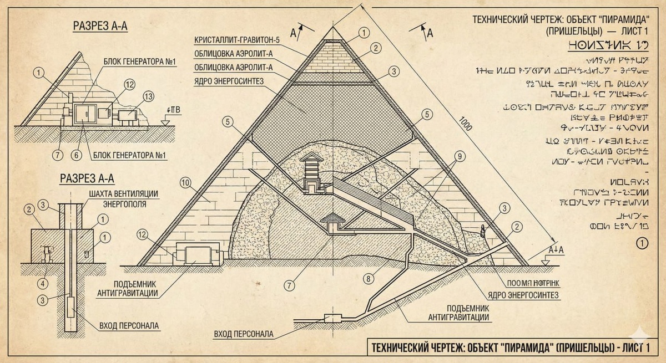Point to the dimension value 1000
(465, 124)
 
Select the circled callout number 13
(133, 96)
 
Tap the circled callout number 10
(185, 182)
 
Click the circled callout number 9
(458, 156)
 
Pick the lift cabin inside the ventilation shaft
(70, 306)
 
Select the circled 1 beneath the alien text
(642, 243)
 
